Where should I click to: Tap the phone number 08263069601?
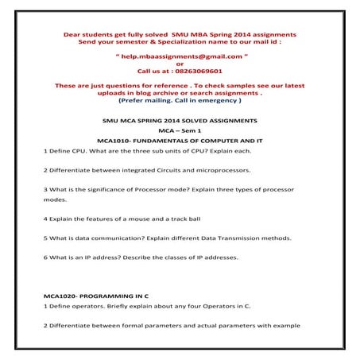200,71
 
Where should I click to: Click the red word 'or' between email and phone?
180,64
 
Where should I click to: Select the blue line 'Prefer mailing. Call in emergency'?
180,101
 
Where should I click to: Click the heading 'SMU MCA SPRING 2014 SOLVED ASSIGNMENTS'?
180,118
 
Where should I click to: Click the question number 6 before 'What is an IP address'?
45,258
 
